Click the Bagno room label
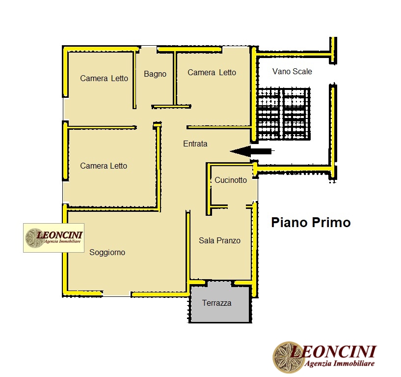tap(155, 74)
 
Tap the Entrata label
tap(195, 144)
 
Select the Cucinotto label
tap(231, 180)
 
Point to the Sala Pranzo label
tap(219, 241)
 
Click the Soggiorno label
tap(107, 253)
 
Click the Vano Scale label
tap(292, 72)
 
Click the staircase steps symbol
tap(284, 114)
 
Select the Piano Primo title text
tap(311, 223)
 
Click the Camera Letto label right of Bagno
tap(212, 73)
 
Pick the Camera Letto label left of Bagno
tap(104, 79)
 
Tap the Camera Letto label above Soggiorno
tap(104, 166)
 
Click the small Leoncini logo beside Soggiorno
tap(53, 238)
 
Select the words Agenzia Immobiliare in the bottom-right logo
tap(340, 364)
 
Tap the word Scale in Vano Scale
tap(302, 72)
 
